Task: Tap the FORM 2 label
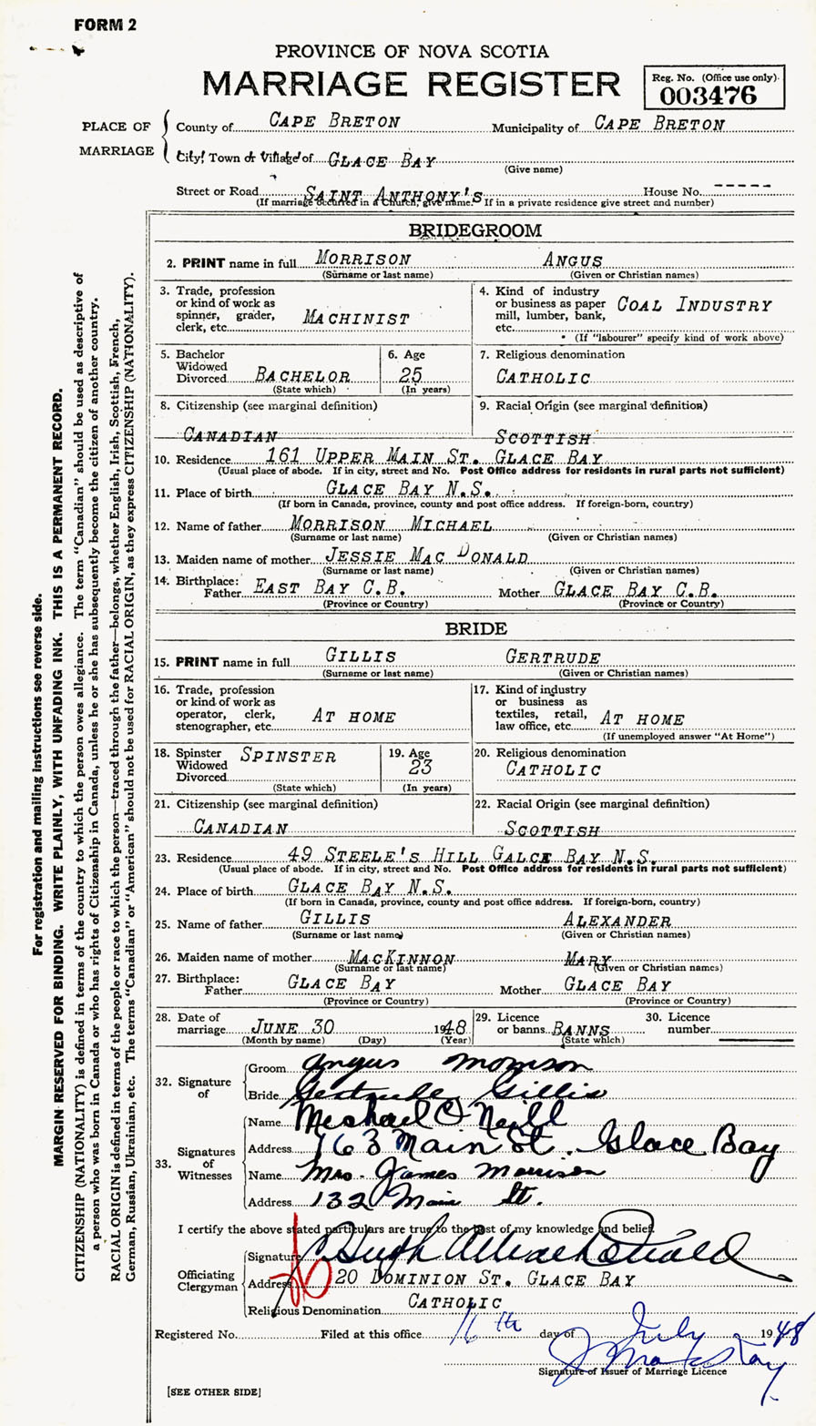click(x=106, y=25)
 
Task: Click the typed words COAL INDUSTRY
click(x=694, y=306)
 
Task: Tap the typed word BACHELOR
click(x=304, y=373)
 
